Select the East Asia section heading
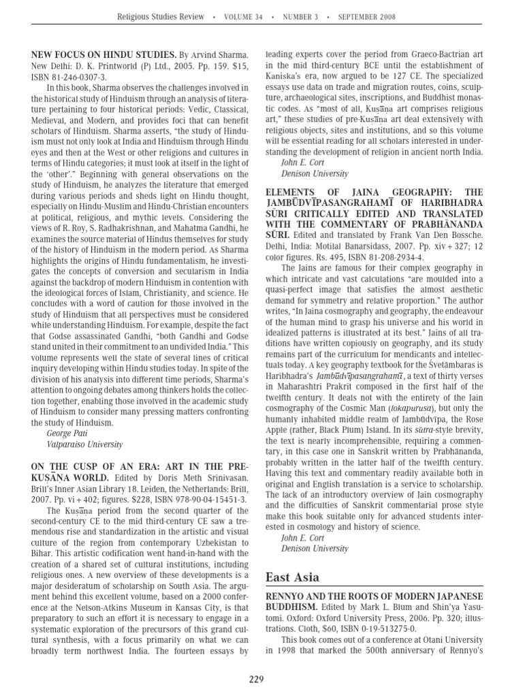point(291,577)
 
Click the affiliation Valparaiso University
point(84,444)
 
